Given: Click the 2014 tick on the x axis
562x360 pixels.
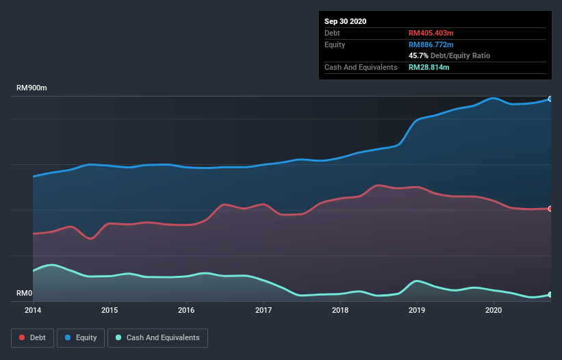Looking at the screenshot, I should [33, 310].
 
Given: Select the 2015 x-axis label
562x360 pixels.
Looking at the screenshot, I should [110, 310].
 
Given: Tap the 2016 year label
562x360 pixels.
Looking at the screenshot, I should [186, 310].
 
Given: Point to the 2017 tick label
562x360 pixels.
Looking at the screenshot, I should [264, 310].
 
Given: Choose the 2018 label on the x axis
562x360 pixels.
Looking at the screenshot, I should [340, 310].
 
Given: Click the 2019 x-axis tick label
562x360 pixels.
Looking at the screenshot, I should [417, 310].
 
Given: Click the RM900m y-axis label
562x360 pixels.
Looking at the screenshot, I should [31, 88].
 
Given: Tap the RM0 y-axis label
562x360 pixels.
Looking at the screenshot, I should [25, 294].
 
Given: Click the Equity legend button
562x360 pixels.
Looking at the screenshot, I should [81, 337].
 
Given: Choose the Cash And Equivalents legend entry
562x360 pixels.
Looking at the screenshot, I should [157, 337].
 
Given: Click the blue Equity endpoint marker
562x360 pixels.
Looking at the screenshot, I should [550, 99].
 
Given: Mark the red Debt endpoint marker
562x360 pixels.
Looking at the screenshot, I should [550, 209].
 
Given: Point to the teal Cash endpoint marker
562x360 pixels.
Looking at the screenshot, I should [550, 294].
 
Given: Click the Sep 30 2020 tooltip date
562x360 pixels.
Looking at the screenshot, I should [346, 21].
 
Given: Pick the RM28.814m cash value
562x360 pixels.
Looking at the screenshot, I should [429, 67].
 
